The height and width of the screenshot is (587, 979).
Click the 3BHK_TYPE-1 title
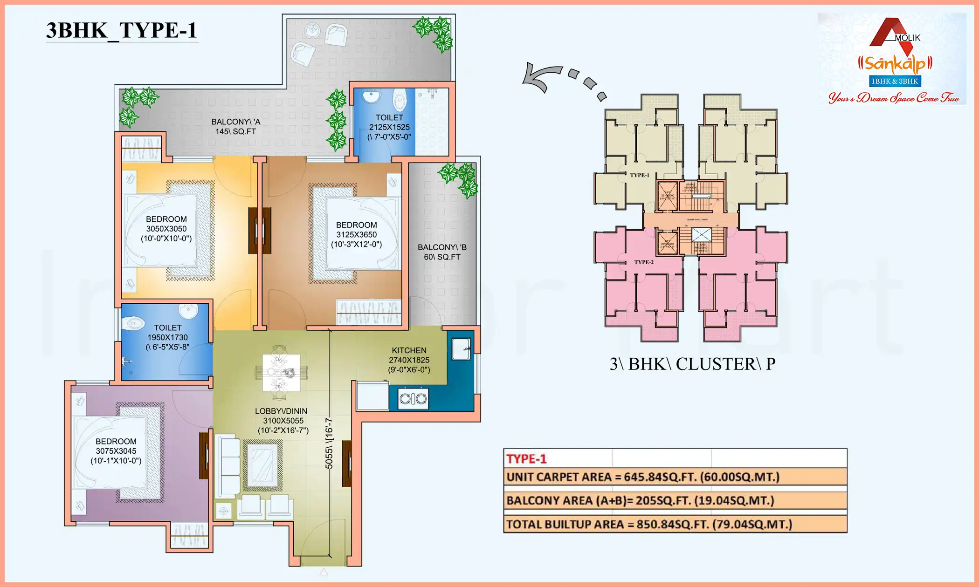coord(121,30)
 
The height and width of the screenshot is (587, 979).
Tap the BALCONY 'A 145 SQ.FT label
coord(235,127)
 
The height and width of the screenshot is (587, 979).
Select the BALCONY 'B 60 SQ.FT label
coord(442,252)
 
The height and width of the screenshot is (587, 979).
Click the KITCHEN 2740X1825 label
coord(409,360)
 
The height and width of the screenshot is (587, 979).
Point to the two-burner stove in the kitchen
coord(413,399)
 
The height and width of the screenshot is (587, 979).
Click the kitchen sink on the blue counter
coord(461,348)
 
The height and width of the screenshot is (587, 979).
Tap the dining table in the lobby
coord(281,372)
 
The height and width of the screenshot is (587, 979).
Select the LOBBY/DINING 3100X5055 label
coord(283,421)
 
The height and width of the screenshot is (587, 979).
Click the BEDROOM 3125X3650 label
coord(356,234)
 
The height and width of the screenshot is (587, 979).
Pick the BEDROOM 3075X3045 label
coord(116,451)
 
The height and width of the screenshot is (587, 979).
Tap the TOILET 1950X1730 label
coord(167,337)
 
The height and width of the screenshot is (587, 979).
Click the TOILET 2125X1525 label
coord(389,127)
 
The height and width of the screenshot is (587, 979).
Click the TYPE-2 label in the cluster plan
coord(643,262)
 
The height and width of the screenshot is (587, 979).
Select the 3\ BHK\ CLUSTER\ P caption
coord(692,364)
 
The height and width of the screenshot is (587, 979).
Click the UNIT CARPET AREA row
coord(675,477)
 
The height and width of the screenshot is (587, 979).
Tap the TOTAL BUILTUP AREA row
coord(675,525)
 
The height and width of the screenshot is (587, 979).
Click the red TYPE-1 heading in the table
coord(526,459)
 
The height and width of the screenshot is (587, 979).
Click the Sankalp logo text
coord(895,64)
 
